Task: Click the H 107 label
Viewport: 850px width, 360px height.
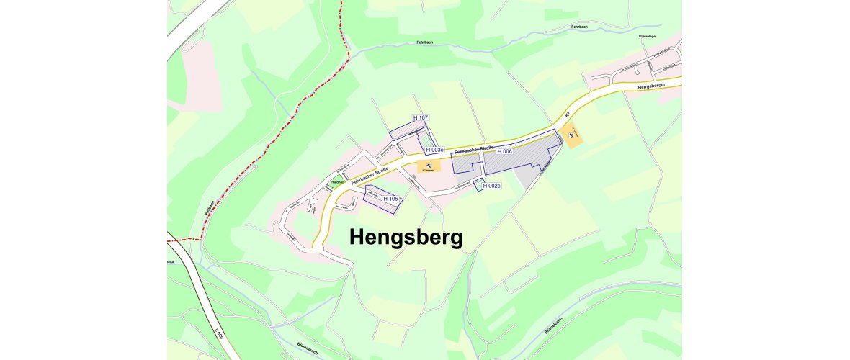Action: click(x=421, y=117)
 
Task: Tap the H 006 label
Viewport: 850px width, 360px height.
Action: click(x=504, y=152)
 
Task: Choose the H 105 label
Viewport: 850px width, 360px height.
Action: click(x=390, y=198)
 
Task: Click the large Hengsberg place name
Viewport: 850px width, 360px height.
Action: click(x=406, y=237)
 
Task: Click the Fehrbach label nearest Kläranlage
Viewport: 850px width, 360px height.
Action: click(x=581, y=27)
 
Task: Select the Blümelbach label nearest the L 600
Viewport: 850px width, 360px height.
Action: click(x=308, y=348)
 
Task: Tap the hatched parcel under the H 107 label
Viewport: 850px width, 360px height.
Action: click(x=406, y=130)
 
